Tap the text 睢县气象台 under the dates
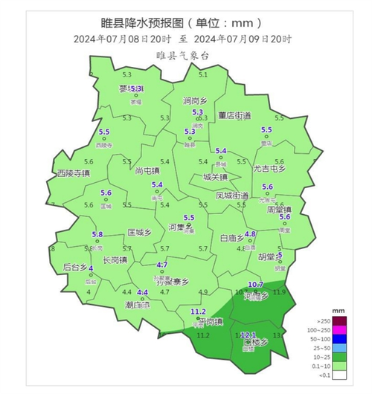[184, 55]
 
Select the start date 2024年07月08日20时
[122, 39]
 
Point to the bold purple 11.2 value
[198, 311]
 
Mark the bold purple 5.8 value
[97, 235]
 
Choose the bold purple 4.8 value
[251, 233]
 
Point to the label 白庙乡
[233, 238]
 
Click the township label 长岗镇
[114, 259]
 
